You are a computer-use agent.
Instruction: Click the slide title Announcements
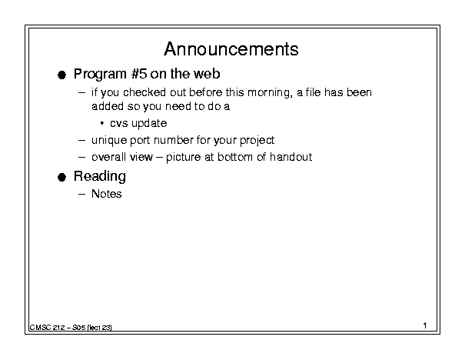(x=231, y=49)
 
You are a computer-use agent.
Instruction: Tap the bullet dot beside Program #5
(x=61, y=75)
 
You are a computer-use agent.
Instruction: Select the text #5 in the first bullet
(x=139, y=74)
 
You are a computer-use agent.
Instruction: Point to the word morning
(x=270, y=93)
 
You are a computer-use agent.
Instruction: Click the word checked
(x=144, y=92)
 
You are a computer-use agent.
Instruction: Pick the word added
(x=108, y=106)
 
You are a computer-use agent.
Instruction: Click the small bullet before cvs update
(x=102, y=123)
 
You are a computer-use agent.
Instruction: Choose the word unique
(x=109, y=140)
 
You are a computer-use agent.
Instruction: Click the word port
(x=140, y=141)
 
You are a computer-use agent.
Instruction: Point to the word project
(x=257, y=140)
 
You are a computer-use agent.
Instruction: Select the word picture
(x=183, y=157)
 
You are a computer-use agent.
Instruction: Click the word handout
(x=291, y=157)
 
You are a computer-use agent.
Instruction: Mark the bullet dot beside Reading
(x=61, y=178)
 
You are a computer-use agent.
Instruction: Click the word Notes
(x=107, y=194)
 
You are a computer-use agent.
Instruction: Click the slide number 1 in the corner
(x=425, y=325)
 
